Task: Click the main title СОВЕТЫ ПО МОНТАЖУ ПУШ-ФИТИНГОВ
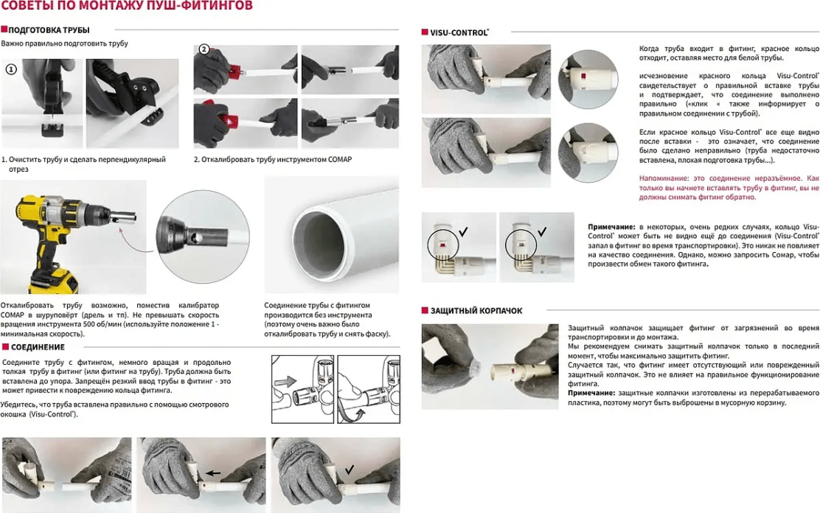point(127,7)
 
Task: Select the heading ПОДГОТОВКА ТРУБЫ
point(49,30)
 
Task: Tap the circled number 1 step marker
point(11,70)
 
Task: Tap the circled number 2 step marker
point(204,49)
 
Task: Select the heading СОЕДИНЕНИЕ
point(38,347)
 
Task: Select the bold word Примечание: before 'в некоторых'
point(611,226)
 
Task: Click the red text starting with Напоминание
point(729,188)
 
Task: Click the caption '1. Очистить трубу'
point(83,164)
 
